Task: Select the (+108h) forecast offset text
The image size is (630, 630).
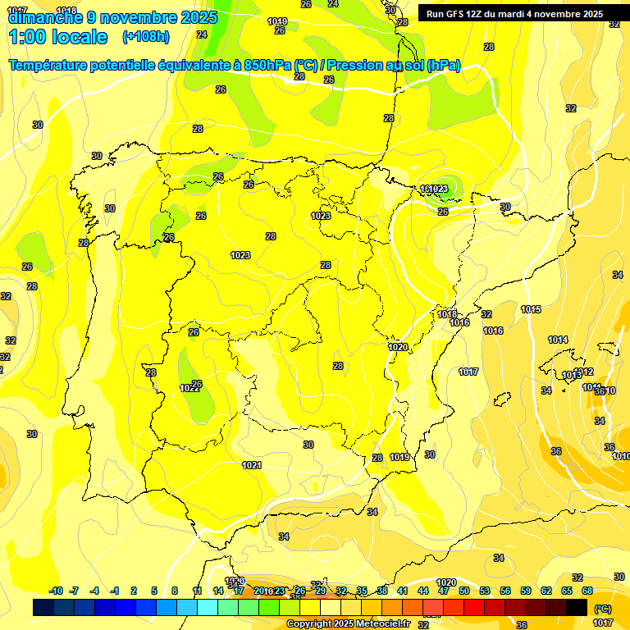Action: (146, 37)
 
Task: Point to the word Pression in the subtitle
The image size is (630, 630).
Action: (355, 66)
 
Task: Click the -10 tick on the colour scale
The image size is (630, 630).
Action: (56, 591)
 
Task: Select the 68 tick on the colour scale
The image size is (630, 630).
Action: (587, 591)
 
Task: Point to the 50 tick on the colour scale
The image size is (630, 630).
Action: (464, 591)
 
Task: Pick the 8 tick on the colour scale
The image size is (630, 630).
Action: (175, 591)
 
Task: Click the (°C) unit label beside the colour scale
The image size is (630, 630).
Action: (602, 609)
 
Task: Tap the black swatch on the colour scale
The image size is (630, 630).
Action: (577, 607)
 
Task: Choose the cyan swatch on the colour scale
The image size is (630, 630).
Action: (208, 607)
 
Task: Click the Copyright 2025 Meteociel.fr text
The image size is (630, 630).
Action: (348, 623)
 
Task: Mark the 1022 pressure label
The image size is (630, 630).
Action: (189, 388)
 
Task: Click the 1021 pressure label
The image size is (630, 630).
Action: (252, 465)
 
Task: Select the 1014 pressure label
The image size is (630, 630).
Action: (558, 340)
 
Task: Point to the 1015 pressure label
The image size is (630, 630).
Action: (531, 309)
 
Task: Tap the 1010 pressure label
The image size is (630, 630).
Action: (621, 456)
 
